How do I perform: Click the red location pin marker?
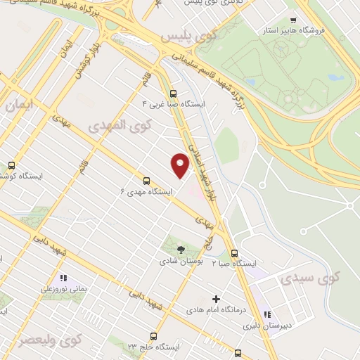point(180,165)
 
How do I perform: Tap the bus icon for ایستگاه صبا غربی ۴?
point(173,93)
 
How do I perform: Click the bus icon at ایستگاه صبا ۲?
point(234,253)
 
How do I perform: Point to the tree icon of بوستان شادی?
point(181,249)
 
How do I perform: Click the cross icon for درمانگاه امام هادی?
point(216,299)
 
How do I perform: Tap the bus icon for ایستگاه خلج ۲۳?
point(154,336)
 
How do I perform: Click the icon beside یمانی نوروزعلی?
point(63,278)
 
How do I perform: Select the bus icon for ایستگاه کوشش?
point(11,165)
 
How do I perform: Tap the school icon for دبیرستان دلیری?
point(267,314)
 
